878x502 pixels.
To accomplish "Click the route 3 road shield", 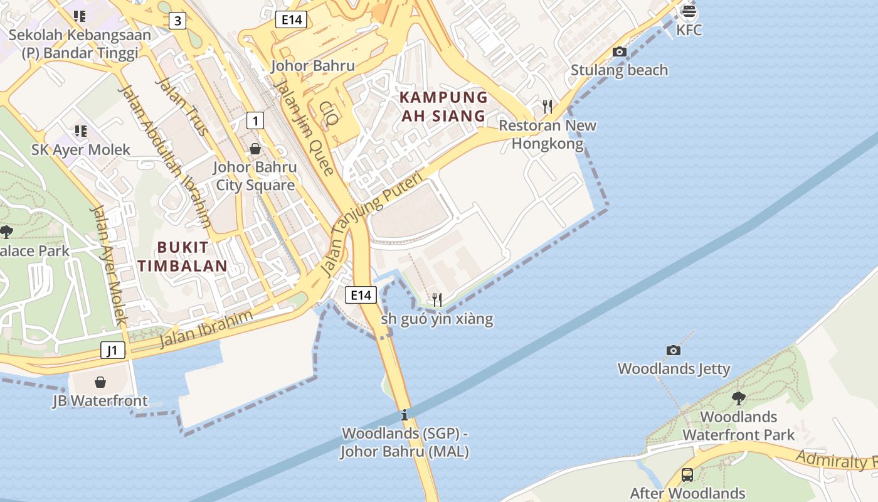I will tap(177, 21).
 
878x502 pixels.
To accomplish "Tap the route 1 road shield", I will tap(255, 120).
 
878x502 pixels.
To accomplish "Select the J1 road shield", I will tap(113, 350).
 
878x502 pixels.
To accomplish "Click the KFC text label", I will tap(689, 30).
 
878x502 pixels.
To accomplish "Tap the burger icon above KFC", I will tap(689, 11).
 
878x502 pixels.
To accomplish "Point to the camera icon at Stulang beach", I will tap(620, 51).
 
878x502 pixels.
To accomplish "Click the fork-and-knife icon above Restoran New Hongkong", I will tap(547, 106).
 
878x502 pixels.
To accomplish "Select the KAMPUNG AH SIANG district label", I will tap(443, 107).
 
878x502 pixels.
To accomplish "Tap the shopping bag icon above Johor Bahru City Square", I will tap(255, 149).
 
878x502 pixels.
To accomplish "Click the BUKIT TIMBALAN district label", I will tap(183, 256).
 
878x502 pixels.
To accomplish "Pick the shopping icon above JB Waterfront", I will tap(100, 382).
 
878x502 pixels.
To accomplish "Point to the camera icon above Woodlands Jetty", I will tap(674, 350).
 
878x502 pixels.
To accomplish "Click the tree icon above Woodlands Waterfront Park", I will tap(738, 398).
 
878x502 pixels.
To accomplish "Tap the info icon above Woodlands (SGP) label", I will tap(405, 415).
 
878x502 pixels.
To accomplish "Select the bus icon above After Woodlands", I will tap(687, 474).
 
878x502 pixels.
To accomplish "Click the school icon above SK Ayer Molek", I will tap(80, 131).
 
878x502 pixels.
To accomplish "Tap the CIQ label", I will tap(329, 113).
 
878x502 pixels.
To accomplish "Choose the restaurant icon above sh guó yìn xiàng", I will tap(437, 300).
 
